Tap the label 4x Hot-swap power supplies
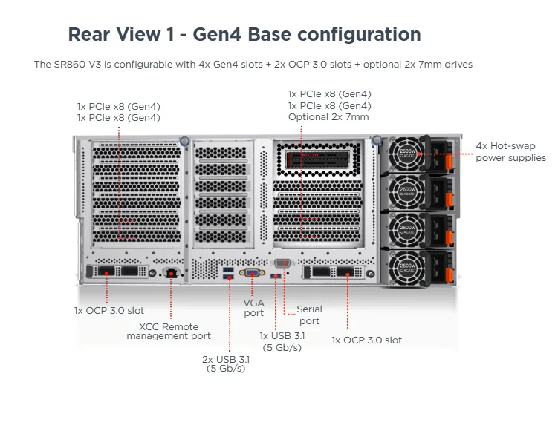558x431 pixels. pyautogui.click(x=510, y=151)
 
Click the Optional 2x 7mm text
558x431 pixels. pyautogui.click(x=329, y=117)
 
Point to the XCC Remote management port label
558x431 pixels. pyautogui.click(x=169, y=331)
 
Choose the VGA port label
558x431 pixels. pyautogui.click(x=253, y=308)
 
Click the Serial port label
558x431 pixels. pyautogui.click(x=309, y=315)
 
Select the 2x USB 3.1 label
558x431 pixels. pyautogui.click(x=226, y=363)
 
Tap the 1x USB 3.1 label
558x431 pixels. pyautogui.click(x=282, y=341)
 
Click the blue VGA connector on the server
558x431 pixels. pyautogui.click(x=253, y=273)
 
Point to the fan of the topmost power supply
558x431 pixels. pyautogui.click(x=408, y=154)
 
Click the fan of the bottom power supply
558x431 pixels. pyautogui.click(x=408, y=266)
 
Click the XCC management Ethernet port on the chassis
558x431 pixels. pyautogui.click(x=172, y=273)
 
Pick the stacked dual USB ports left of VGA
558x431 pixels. pyautogui.click(x=228, y=272)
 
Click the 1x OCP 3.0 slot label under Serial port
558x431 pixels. pyautogui.click(x=366, y=340)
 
